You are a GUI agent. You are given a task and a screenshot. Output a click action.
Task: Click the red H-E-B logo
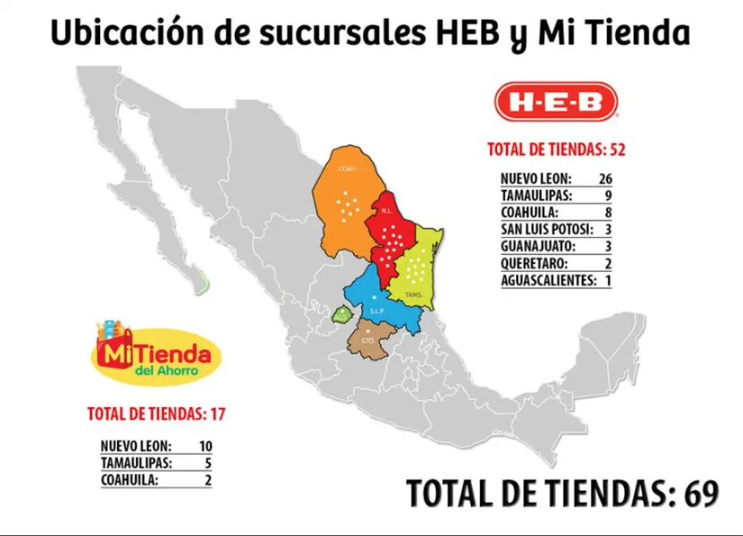tap(556, 102)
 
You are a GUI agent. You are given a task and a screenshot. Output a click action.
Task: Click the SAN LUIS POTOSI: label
tap(550, 230)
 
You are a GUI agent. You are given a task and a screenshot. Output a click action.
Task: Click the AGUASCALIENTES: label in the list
tap(548, 280)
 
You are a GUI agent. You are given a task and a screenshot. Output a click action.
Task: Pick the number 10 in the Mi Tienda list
tap(204, 446)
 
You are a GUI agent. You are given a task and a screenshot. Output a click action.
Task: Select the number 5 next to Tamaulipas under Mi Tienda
tap(208, 463)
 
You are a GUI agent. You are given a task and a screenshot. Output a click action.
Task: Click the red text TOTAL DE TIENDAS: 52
tap(556, 149)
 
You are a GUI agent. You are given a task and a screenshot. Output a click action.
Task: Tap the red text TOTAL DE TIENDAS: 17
tap(155, 414)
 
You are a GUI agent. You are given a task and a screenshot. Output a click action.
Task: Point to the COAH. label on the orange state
tap(346, 169)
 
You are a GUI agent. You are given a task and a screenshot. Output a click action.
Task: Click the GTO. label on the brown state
tap(367, 341)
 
